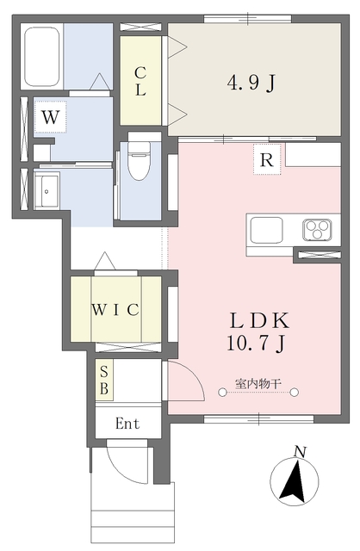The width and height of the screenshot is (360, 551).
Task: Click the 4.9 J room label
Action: pyautogui.click(x=251, y=84)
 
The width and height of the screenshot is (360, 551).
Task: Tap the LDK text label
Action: pyautogui.click(x=259, y=320)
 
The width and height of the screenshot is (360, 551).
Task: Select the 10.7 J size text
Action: pyautogui.click(x=256, y=344)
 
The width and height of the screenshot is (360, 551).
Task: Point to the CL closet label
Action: pyautogui.click(x=140, y=82)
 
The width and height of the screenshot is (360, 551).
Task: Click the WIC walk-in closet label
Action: pyautogui.click(x=115, y=310)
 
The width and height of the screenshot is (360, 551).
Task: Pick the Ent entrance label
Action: pyautogui.click(x=127, y=423)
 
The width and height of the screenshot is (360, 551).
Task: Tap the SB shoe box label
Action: pyautogui.click(x=104, y=381)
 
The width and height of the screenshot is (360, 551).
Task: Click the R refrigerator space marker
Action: pyautogui.click(x=267, y=159)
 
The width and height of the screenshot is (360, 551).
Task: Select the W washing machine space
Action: pyautogui.click(x=50, y=117)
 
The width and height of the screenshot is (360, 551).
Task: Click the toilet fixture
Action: pyautogui.click(x=140, y=157)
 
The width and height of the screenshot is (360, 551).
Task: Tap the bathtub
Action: pyautogui.click(x=42, y=58)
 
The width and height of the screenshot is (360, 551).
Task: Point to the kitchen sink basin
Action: pyautogui.click(x=266, y=230)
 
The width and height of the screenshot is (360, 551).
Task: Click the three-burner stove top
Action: pyautogui.click(x=317, y=230)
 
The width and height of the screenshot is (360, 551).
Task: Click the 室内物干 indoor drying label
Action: pyautogui.click(x=258, y=383)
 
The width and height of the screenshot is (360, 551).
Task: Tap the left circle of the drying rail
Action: pyautogui.click(x=222, y=393)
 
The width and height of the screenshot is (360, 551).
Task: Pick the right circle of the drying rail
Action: pyautogui.click(x=295, y=393)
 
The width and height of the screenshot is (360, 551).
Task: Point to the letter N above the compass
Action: pyautogui.click(x=300, y=451)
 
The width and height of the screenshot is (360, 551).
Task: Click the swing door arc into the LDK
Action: pyautogui.click(x=194, y=375)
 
